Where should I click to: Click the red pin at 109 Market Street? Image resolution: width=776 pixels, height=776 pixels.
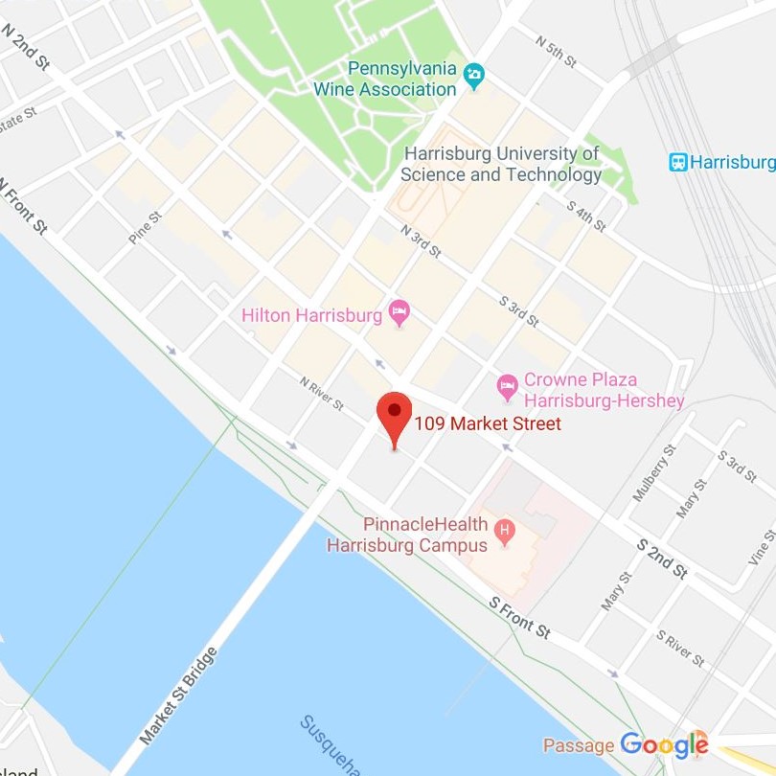pyautogui.click(x=394, y=414)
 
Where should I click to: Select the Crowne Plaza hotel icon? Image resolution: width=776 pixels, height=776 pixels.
pyautogui.click(x=508, y=387)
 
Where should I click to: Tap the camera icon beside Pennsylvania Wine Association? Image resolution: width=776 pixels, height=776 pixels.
pyautogui.click(x=473, y=74)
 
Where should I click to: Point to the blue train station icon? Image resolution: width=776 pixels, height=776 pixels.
pyautogui.click(x=677, y=162)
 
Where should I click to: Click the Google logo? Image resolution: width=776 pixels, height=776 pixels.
pyautogui.click(x=664, y=744)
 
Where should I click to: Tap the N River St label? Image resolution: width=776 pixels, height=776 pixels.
pyautogui.click(x=321, y=393)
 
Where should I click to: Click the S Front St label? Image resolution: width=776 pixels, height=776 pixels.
pyautogui.click(x=519, y=618)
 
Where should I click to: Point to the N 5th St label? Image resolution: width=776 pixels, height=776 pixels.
pyautogui.click(x=556, y=54)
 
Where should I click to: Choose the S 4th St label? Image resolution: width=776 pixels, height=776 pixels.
pyautogui.click(x=586, y=216)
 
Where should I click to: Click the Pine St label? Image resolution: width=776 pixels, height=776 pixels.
pyautogui.click(x=146, y=228)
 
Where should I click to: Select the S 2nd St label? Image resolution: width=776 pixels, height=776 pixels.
pyautogui.click(x=663, y=559)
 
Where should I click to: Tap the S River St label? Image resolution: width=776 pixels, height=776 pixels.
pyautogui.click(x=680, y=649)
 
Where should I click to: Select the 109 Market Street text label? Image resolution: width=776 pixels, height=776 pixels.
pyautogui.click(x=488, y=423)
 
